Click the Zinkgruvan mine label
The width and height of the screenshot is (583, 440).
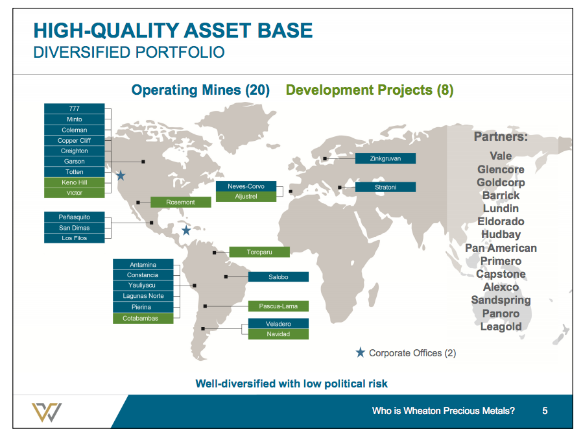[385, 158]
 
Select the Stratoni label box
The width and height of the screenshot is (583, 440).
[385, 187]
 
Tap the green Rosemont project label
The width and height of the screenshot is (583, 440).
[181, 202]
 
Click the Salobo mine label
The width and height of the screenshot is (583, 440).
[278, 276]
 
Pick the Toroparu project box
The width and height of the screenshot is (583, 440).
[259, 252]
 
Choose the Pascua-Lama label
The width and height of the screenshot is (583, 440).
[278, 306]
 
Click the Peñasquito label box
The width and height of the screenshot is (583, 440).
[75, 217]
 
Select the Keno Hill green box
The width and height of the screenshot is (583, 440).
[75, 182]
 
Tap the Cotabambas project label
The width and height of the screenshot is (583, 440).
[143, 318]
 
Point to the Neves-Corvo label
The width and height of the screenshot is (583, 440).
[246, 186]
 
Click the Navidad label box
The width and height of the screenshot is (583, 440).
[278, 334]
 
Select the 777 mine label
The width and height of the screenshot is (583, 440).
[75, 108]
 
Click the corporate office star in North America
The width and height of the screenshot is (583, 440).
[121, 175]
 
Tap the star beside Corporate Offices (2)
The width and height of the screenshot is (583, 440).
[361, 352]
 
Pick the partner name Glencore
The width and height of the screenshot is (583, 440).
[501, 169]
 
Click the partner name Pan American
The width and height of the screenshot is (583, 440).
[501, 248]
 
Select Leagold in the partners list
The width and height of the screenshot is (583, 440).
[501, 326]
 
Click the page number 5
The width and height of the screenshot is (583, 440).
[545, 411]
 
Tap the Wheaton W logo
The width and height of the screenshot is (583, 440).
[47, 412]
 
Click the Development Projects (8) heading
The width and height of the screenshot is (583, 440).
[370, 90]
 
